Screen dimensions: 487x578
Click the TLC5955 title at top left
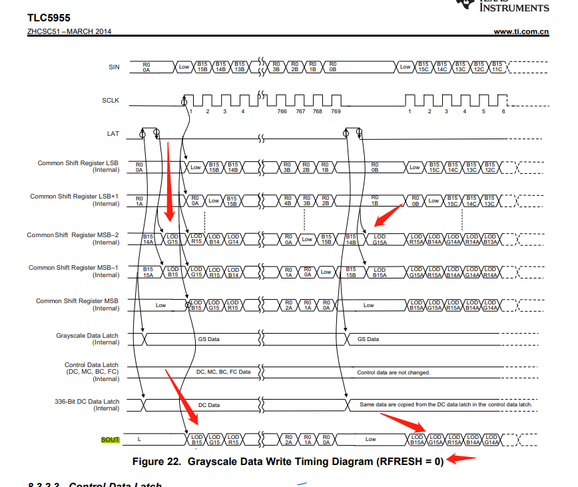coord(49,18)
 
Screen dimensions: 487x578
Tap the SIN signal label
coord(114,67)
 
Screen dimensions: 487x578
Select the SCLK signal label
coord(111,100)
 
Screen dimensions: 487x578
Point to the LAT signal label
coord(113,133)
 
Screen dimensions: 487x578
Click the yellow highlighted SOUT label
coord(110,440)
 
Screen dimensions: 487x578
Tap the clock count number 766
coord(282,111)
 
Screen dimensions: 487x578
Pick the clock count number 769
coord(336,111)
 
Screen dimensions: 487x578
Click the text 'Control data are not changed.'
coord(394,372)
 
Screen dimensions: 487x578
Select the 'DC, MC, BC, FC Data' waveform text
coord(224,372)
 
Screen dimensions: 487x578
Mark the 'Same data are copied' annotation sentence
coord(445,405)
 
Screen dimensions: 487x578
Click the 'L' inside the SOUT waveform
coord(139,440)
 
